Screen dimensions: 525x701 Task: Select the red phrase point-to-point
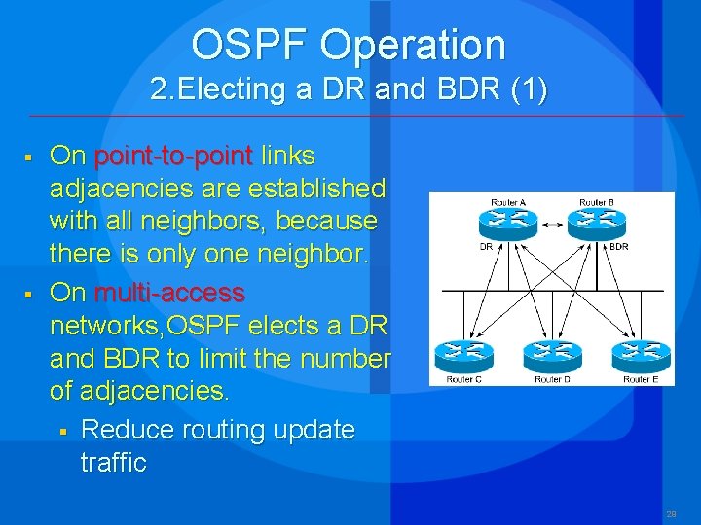pyautogui.click(x=173, y=156)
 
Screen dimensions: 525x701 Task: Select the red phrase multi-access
pyautogui.click(x=169, y=292)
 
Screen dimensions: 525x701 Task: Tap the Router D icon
pyautogui.click(x=551, y=357)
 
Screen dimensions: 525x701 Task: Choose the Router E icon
pyautogui.click(x=641, y=357)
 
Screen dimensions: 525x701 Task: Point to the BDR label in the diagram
pyautogui.click(x=619, y=247)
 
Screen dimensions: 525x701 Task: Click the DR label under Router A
pyautogui.click(x=486, y=247)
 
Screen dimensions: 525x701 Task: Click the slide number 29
pyautogui.click(x=670, y=513)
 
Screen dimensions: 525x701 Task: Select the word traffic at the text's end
pyautogui.click(x=113, y=462)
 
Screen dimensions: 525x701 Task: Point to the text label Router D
pyautogui.click(x=551, y=379)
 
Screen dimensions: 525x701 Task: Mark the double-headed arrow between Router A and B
pyautogui.click(x=551, y=225)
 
